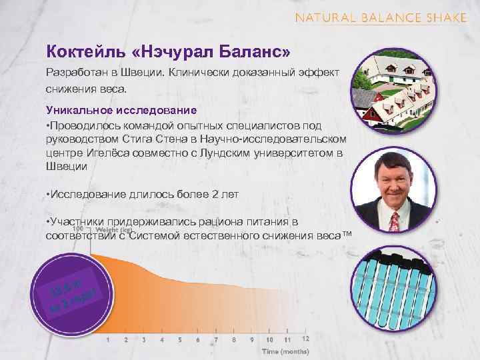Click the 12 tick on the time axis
coord(305,339)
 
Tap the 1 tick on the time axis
coord(109,339)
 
